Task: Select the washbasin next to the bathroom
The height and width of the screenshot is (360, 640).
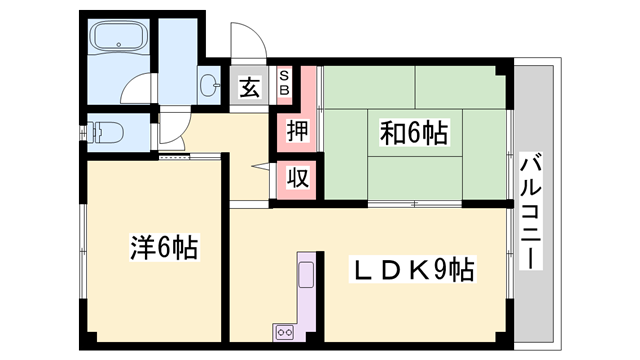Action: (209, 86)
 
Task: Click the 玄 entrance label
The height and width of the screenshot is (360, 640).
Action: (249, 88)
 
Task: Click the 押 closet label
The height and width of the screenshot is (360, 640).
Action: (297, 130)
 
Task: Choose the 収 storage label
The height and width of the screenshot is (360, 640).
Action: (297, 177)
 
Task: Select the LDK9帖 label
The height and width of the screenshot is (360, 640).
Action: (411, 269)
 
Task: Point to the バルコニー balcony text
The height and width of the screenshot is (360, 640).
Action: (530, 210)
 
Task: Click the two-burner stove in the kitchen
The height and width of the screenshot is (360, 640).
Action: (282, 331)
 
